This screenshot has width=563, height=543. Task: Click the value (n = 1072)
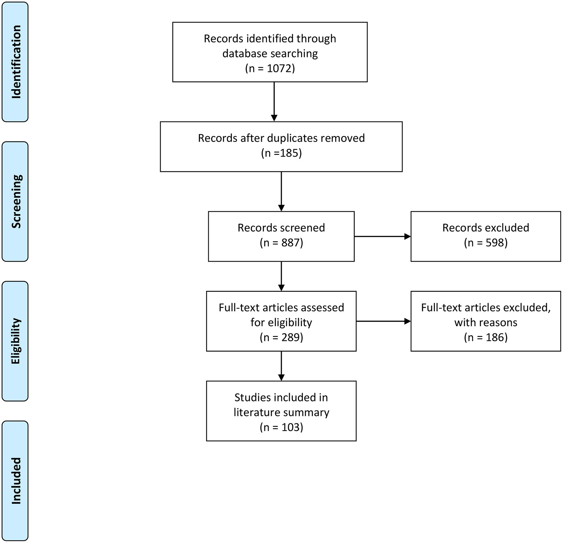pos(270,69)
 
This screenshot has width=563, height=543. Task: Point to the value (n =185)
pos(281,153)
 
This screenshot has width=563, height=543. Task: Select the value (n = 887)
pos(281,243)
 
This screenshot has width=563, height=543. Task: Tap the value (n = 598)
pos(486,243)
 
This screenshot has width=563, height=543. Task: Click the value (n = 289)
pos(281,337)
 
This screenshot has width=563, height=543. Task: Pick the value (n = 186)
pos(486,337)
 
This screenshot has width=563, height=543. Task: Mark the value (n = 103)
pos(281,427)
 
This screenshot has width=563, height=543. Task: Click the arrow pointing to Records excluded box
pos(382,237)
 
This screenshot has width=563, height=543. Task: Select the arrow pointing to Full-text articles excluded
pos(383,321)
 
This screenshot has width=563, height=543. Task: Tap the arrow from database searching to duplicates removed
pos(274,102)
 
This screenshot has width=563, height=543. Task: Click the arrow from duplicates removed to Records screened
pos(281,191)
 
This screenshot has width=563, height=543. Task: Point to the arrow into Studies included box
pos(281,366)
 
